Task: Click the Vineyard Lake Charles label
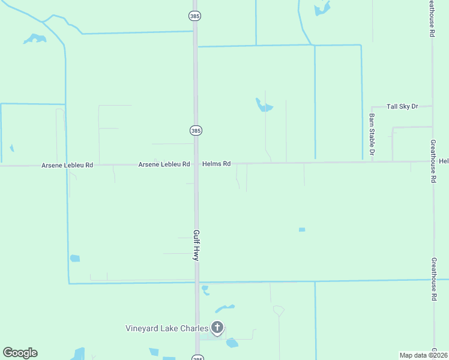[166, 328]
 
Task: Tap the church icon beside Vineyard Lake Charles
[217, 328]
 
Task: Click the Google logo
[20, 353]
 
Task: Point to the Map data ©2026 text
[423, 355]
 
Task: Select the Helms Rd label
[216, 164]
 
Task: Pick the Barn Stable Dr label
[372, 134]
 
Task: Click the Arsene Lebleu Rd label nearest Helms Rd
[164, 164]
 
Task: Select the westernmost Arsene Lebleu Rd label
[67, 165]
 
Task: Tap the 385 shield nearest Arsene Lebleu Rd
[196, 130]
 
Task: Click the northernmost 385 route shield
[194, 16]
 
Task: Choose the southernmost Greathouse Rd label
[433, 275]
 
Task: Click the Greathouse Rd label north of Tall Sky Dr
[431, 19]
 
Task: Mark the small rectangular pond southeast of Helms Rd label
[302, 230]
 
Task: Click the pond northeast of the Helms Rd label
[264, 106]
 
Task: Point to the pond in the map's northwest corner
[35, 39]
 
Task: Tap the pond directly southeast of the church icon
[232, 343]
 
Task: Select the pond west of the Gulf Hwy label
[75, 259]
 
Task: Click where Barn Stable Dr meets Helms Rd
[372, 162]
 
